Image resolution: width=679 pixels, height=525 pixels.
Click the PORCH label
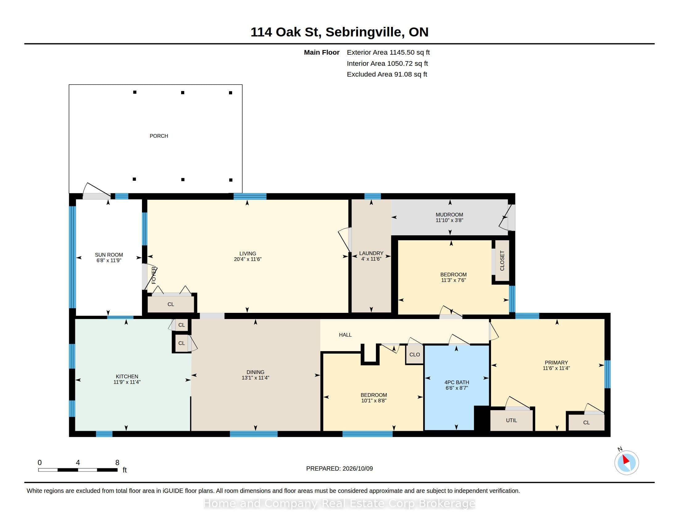pyautogui.click(x=159, y=136)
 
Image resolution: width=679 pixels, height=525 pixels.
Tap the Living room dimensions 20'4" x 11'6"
pyautogui.click(x=248, y=259)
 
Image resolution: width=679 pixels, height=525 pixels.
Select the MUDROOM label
pyautogui.click(x=449, y=215)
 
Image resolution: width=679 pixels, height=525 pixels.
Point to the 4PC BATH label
pyautogui.click(x=457, y=382)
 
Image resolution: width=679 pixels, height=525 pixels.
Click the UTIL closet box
pyautogui.click(x=511, y=420)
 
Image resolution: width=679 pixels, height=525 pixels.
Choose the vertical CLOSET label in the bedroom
pyautogui.click(x=502, y=261)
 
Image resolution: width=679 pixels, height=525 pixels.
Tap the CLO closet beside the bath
pyautogui.click(x=414, y=355)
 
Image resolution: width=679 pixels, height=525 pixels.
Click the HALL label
pyautogui.click(x=345, y=335)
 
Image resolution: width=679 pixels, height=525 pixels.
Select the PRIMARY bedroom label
pyautogui.click(x=556, y=363)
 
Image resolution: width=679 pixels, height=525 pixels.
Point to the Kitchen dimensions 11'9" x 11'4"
pyautogui.click(x=127, y=382)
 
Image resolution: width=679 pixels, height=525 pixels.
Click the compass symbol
pyautogui.click(x=627, y=463)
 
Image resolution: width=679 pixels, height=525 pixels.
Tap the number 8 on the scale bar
pyautogui.click(x=117, y=463)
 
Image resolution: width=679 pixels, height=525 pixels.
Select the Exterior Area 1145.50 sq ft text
pyautogui.click(x=388, y=52)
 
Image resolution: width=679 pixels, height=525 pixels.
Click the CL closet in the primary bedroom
pyautogui.click(x=586, y=422)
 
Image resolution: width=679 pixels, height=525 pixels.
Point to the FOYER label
pyautogui.click(x=154, y=275)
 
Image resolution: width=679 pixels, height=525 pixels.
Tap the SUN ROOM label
pyautogui.click(x=109, y=255)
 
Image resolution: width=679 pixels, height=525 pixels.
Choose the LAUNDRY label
pyautogui.click(x=371, y=253)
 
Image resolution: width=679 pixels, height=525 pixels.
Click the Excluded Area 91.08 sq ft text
pyautogui.click(x=387, y=74)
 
